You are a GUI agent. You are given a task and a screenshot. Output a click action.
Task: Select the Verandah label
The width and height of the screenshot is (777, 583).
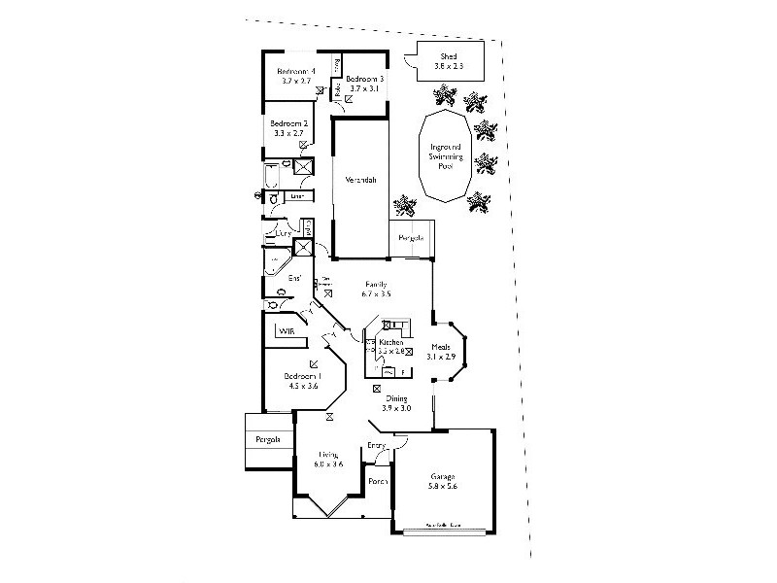(x=359, y=180)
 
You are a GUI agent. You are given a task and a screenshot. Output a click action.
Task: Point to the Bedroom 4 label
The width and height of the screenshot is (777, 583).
(x=294, y=71)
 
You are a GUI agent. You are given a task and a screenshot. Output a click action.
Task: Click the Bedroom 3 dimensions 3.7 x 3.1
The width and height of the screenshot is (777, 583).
(x=365, y=88)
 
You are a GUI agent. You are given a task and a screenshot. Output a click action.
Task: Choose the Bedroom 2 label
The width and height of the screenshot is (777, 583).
(x=288, y=123)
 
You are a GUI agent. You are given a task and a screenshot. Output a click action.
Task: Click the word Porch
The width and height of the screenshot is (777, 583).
(x=378, y=481)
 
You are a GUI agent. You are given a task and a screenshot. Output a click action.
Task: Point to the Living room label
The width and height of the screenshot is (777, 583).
(x=328, y=454)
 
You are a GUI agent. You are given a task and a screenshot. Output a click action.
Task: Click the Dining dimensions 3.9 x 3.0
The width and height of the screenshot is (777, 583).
(x=396, y=408)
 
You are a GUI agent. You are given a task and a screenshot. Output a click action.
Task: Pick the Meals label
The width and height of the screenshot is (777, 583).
(x=442, y=347)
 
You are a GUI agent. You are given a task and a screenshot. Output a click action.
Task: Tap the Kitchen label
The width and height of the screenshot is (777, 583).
(x=390, y=343)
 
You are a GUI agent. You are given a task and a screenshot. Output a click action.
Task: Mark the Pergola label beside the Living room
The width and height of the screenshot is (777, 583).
(x=268, y=440)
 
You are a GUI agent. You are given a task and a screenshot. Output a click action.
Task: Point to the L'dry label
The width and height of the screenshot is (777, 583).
(x=283, y=233)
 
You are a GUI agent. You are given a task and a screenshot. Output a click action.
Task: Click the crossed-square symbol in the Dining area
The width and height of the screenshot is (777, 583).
(x=378, y=388)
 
